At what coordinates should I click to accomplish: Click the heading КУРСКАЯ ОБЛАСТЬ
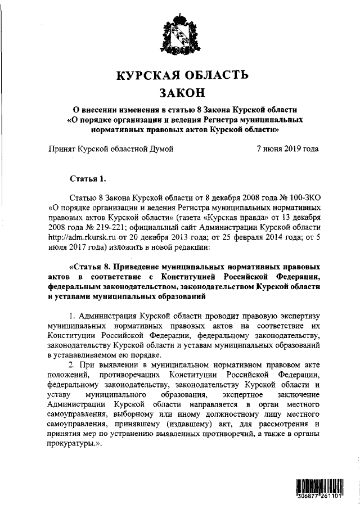pyautogui.click(x=179, y=76)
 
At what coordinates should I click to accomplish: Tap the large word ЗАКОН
pyautogui.click(x=179, y=92)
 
